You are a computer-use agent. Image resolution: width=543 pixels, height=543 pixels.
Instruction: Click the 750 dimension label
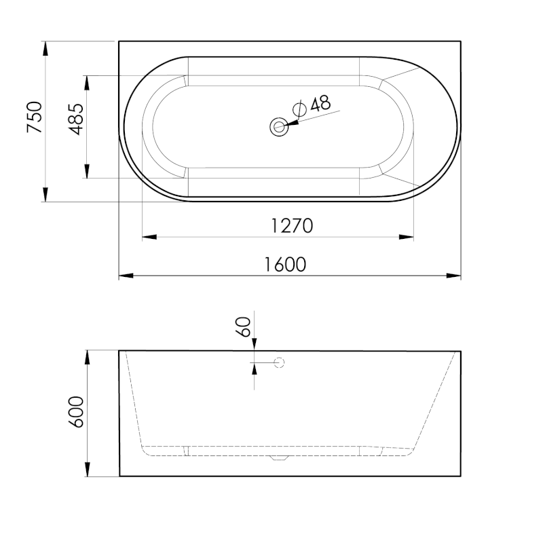(35, 117)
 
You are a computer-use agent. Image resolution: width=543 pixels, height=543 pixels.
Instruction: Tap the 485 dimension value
(76, 119)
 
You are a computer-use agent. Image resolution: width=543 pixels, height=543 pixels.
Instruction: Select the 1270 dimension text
(292, 226)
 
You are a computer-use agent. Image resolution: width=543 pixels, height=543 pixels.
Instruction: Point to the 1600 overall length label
(285, 265)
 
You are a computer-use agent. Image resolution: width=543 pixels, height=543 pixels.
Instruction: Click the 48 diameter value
(320, 104)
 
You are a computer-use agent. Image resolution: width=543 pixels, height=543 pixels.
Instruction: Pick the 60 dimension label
(243, 327)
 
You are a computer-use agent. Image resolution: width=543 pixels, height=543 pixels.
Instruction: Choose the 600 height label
(76, 412)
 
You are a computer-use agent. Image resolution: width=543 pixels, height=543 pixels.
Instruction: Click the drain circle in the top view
(279, 126)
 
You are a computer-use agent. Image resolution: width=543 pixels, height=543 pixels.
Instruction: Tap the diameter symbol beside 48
(299, 109)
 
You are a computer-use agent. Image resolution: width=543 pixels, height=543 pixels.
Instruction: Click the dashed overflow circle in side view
(279, 363)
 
